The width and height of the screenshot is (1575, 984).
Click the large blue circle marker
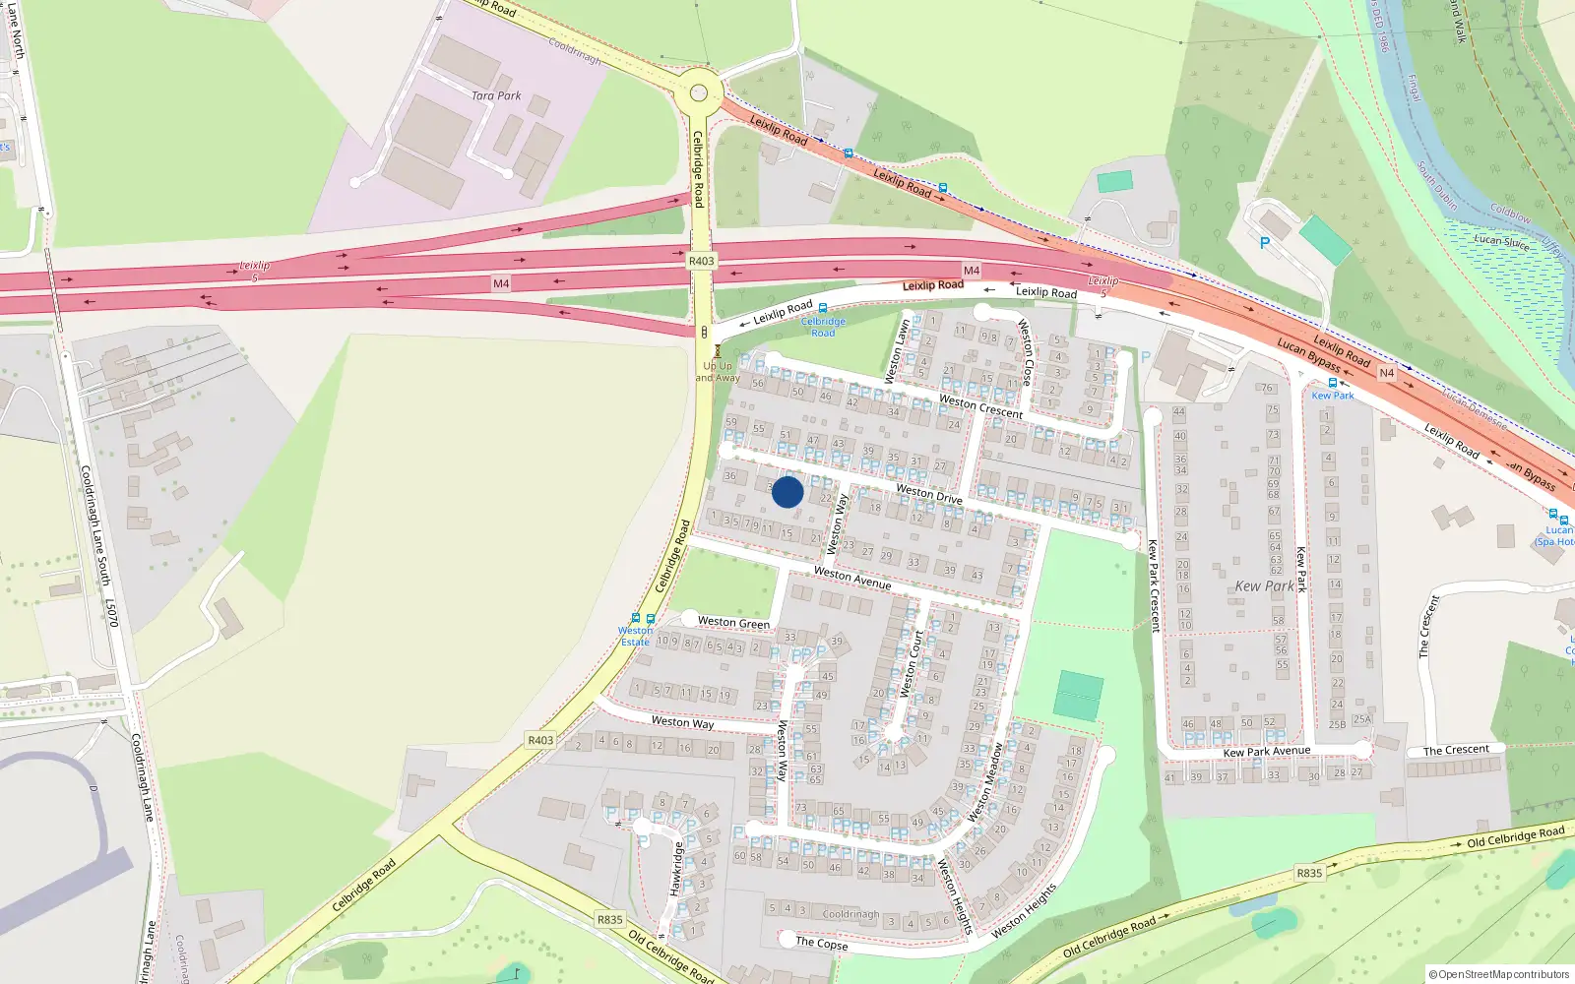click(787, 492)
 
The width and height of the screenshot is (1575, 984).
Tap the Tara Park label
click(496, 95)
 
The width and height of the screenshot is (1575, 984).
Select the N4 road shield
click(1387, 373)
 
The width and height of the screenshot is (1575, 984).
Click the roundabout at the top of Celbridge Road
click(699, 93)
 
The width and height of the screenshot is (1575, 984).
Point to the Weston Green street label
click(733, 623)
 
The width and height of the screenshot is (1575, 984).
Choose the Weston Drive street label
click(928, 493)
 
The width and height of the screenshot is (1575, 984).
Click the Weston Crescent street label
click(980, 406)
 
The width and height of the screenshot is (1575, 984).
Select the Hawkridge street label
click(676, 869)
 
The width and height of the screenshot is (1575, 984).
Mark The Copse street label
click(821, 943)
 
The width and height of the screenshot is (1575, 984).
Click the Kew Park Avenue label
click(1266, 752)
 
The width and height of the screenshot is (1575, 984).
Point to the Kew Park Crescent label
click(1154, 584)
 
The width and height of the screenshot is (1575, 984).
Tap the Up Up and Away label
click(718, 372)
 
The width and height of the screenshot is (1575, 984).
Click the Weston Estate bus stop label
click(635, 636)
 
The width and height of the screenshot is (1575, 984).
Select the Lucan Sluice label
click(1501, 241)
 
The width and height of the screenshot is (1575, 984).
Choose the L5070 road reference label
click(112, 612)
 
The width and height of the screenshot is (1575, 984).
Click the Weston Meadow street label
click(986, 782)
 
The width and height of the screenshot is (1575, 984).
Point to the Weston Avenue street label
click(852, 578)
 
